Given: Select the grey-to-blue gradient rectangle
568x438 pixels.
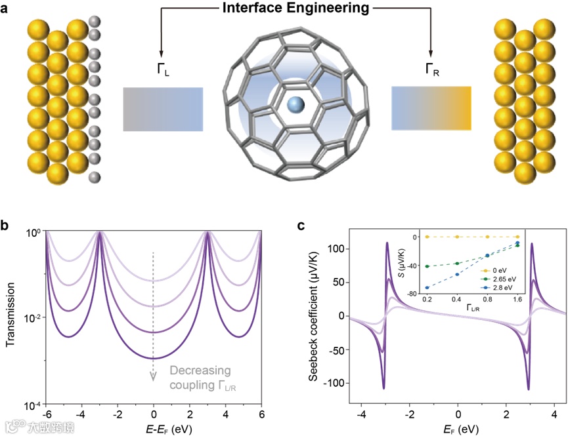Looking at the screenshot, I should (163, 109).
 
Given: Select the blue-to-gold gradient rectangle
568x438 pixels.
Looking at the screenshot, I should (431, 109).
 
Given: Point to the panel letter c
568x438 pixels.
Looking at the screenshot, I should (301, 226).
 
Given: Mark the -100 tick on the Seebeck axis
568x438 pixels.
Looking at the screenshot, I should (333, 382).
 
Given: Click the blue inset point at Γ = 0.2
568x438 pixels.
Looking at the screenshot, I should (427, 288).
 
